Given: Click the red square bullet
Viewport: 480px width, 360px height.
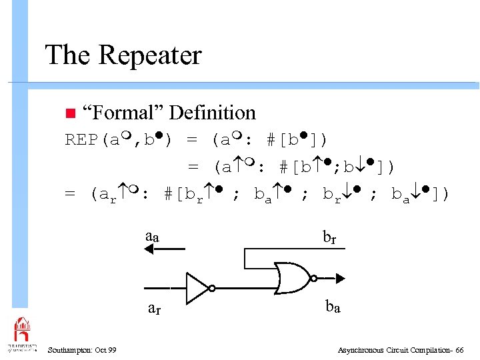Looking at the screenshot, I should [x=69, y=113].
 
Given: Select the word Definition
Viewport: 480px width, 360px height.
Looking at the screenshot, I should [x=213, y=113].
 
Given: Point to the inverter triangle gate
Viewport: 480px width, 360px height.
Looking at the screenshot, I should [x=197, y=287].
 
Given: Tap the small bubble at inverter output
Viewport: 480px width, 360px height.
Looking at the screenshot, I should [x=212, y=288].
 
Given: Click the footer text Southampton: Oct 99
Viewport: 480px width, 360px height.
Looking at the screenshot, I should [x=83, y=350].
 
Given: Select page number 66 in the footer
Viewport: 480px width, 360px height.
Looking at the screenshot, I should [x=459, y=350].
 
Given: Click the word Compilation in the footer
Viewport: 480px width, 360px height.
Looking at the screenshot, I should [x=425, y=350].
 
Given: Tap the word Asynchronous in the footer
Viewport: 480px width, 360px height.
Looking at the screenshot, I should [x=361, y=350].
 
